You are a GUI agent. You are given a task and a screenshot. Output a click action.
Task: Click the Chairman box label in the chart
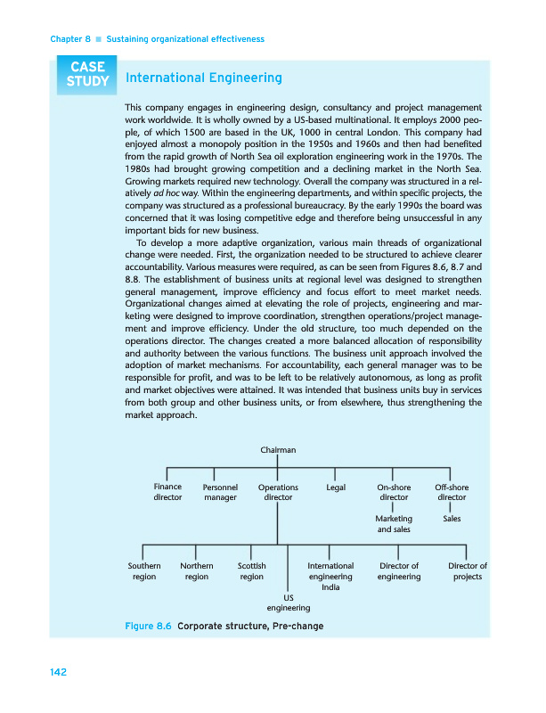tap(278, 451)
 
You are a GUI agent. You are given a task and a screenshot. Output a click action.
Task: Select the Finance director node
tap(167, 492)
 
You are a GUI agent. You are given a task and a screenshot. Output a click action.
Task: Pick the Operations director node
tap(278, 493)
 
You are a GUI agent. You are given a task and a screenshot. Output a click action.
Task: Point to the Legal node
tap(336, 488)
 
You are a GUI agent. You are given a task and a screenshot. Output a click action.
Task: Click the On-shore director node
tap(394, 493)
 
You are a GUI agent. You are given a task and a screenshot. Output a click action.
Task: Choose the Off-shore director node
tap(452, 493)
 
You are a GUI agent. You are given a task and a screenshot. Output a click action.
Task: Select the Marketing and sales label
tap(394, 523)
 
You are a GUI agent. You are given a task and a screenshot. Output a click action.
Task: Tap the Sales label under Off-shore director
tap(452, 518)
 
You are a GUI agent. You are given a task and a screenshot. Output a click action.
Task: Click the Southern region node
tap(144, 571)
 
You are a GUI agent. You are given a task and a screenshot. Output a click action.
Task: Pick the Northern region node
tap(196, 571)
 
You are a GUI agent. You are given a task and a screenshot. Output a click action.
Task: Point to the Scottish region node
tap(251, 571)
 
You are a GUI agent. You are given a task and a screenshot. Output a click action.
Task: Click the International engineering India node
tap(330, 576)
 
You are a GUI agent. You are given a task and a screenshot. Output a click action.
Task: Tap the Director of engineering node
tap(398, 571)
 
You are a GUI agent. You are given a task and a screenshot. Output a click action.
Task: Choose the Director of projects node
tap(468, 571)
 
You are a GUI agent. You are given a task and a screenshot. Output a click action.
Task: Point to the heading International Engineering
tap(204, 78)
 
